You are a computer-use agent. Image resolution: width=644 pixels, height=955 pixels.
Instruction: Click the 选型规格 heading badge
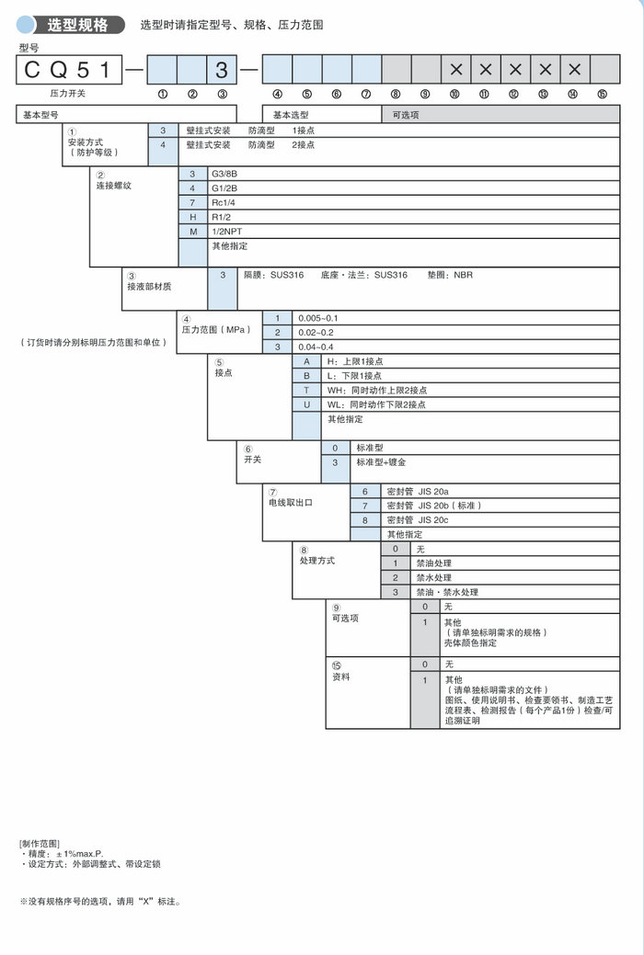77,25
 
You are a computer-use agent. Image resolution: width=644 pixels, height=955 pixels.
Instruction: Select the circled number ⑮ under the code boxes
603,94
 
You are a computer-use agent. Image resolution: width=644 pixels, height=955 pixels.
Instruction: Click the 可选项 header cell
406,116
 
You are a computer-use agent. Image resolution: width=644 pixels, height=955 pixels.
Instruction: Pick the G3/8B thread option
224,174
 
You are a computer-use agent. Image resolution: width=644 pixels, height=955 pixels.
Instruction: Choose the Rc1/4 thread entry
223,202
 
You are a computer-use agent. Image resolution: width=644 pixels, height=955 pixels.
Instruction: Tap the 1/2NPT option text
226,232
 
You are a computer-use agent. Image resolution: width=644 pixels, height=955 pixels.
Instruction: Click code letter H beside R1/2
193,217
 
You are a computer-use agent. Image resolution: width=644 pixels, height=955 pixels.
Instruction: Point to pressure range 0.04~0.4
316,347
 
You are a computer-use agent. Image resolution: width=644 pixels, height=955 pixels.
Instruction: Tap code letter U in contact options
306,404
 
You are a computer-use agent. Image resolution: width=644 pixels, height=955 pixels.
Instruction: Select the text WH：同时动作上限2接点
376,390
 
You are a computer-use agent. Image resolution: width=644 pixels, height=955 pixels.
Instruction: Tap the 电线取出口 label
292,503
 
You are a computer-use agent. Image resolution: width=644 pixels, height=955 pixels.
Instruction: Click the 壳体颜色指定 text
470,642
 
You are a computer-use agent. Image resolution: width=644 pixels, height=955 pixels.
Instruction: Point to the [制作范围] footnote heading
39,843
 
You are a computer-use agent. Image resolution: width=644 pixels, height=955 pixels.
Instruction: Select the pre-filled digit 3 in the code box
222,70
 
